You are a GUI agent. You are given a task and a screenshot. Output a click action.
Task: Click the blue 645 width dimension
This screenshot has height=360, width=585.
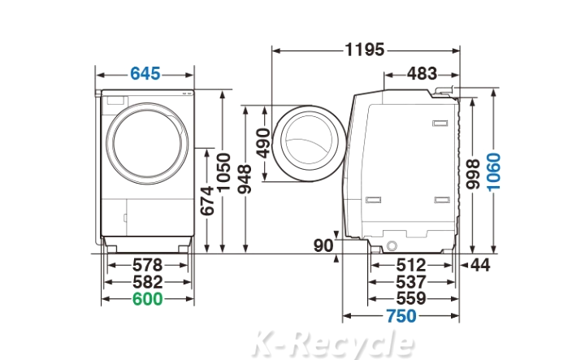[x=145, y=74]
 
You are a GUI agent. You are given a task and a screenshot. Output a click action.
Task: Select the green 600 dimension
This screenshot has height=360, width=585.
[x=148, y=299]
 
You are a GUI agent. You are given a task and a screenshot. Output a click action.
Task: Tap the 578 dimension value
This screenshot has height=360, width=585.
[x=148, y=265]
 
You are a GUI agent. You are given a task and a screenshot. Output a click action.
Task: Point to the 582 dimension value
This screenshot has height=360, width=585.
[x=148, y=283]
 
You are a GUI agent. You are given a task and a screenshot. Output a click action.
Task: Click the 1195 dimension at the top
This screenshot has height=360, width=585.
[x=365, y=50]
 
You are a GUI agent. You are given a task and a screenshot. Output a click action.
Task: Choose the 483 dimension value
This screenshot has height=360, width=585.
[x=422, y=74]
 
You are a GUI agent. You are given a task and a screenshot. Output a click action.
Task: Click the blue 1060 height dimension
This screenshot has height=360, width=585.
[x=494, y=172]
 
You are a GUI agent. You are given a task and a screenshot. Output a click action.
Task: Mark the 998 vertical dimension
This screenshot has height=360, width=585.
[x=473, y=174]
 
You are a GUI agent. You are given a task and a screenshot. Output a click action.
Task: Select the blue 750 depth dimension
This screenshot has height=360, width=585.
[x=401, y=316]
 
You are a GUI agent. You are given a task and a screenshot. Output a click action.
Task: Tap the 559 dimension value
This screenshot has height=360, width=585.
[x=411, y=298]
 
